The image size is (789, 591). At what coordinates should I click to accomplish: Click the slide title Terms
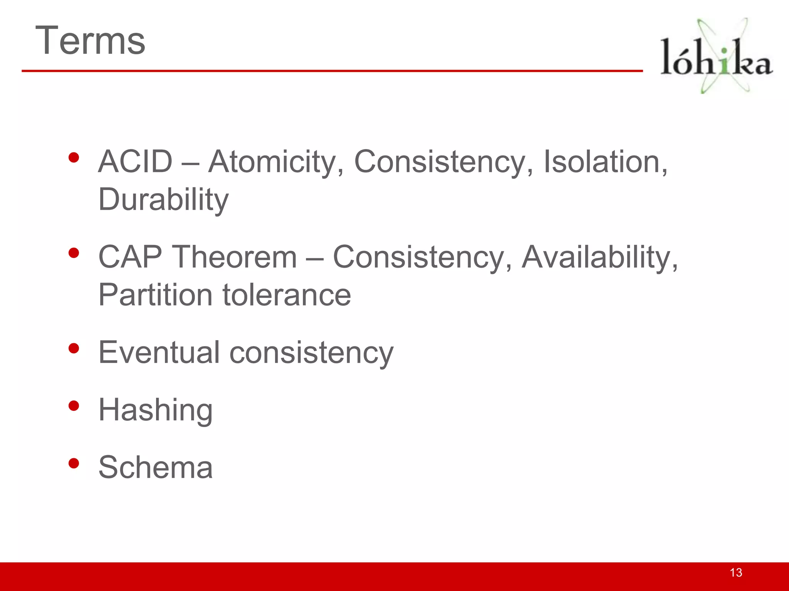(90, 40)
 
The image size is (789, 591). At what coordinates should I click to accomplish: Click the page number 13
(736, 573)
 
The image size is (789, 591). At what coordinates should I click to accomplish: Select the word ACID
(135, 162)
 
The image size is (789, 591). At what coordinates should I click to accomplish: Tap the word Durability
(163, 200)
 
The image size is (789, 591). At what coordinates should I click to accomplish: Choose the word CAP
(130, 257)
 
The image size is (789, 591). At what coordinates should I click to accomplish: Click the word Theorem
(235, 257)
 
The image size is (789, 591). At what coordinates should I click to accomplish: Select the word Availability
(599, 257)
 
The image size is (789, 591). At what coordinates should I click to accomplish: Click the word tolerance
(287, 295)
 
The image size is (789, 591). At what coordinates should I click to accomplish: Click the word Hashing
(155, 411)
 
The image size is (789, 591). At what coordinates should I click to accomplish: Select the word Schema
(155, 467)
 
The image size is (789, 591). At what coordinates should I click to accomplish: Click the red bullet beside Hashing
(74, 406)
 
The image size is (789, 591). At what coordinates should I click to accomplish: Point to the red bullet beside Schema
(74, 463)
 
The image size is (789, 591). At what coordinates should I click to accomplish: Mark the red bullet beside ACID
(74, 157)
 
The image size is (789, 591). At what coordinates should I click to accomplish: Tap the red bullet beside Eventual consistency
(74, 348)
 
